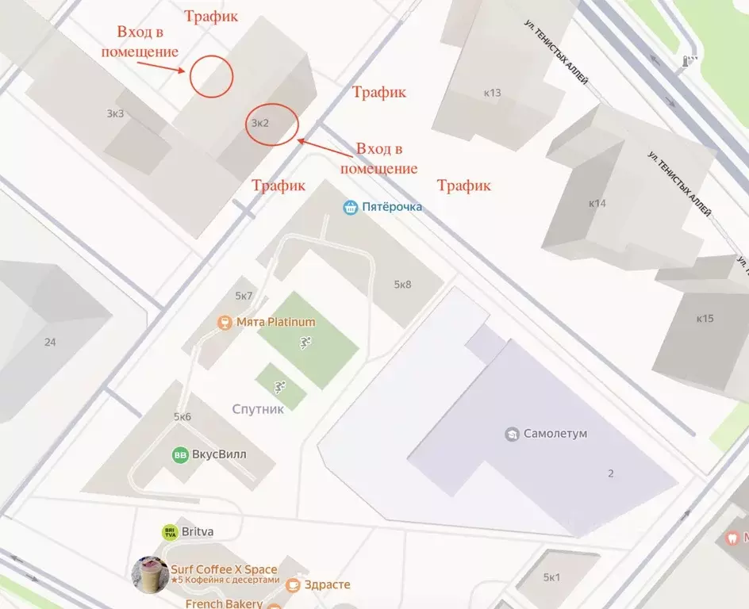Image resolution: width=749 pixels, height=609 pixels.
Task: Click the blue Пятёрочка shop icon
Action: point(351,208)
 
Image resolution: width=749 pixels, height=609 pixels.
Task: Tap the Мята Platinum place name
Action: point(275,322)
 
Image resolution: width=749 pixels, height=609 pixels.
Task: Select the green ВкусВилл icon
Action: point(180,455)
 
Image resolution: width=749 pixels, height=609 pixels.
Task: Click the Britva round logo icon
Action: point(169,533)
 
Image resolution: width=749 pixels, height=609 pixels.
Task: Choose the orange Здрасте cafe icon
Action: point(293,585)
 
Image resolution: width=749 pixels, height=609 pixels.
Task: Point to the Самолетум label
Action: point(555,434)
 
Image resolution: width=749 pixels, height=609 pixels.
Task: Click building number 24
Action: point(51,343)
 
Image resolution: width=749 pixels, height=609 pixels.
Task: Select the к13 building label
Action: point(492,93)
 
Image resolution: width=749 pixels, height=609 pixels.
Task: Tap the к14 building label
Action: point(597,203)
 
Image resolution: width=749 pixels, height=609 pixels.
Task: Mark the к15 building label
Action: point(705,319)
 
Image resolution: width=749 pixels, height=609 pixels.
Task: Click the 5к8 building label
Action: point(402,285)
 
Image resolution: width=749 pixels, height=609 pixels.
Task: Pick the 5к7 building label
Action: point(244,297)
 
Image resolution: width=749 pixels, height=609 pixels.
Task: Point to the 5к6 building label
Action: point(182,417)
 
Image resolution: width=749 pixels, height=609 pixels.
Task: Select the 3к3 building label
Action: point(115,113)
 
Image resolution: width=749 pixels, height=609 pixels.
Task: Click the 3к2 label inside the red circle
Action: point(260,124)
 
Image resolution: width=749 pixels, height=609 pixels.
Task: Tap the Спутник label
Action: point(258,409)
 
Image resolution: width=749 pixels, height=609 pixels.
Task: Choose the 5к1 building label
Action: point(551,577)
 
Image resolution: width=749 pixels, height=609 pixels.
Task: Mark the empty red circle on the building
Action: point(210,76)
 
